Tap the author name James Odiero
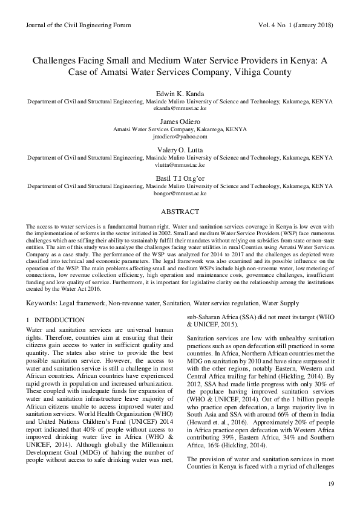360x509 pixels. pos(180,122)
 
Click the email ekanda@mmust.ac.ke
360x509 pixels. pos(180,108)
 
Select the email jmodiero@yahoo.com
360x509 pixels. pos(180,137)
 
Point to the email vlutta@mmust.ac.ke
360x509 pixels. pos(180,164)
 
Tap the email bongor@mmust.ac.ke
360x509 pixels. pos(180,193)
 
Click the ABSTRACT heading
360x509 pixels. pos(180,212)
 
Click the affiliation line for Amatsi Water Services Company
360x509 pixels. pos(180,129)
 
